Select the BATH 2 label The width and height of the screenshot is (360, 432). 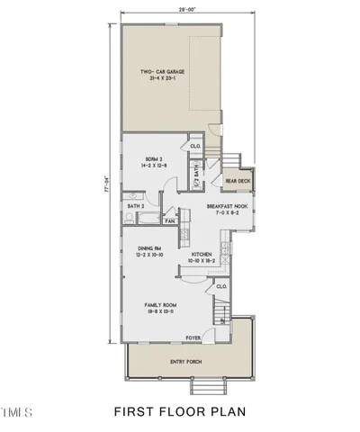tap(137, 206)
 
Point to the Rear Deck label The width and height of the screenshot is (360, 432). tap(238, 180)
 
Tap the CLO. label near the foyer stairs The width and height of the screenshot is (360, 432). tap(220, 287)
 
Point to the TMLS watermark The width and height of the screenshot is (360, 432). tap(17, 413)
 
